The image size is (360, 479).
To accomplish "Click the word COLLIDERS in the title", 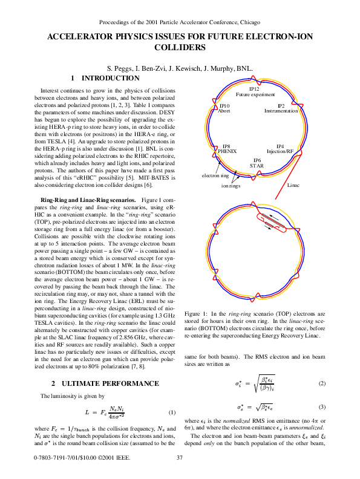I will point(180,48).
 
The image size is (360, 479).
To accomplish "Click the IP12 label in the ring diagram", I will point(255,90).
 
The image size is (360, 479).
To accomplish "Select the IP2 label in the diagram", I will point(281,106).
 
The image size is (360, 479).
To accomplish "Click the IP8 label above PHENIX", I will point(226,146).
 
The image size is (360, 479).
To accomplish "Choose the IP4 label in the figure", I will point(280,146).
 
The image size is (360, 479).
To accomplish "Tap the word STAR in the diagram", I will point(256,165).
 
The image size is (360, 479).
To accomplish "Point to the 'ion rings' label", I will point(231,186).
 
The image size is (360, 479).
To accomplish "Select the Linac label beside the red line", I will point(293,184).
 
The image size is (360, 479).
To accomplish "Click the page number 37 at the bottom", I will point(180,457).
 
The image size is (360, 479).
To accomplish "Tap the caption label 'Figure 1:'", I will point(197,315).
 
